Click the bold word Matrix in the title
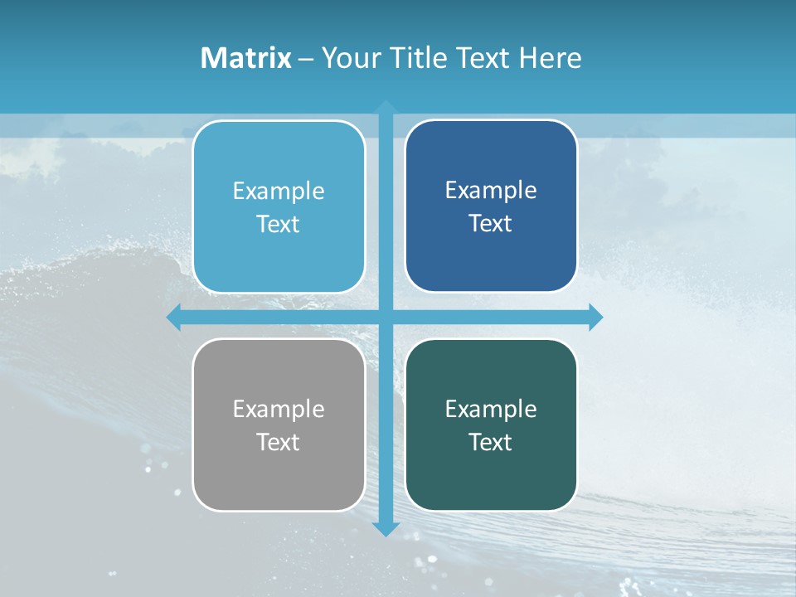click(x=245, y=58)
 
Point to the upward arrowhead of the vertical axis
click(x=386, y=107)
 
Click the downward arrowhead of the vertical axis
click(x=386, y=528)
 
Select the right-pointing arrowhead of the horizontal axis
click(x=595, y=317)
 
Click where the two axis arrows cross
click(x=386, y=317)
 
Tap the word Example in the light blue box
click(x=279, y=191)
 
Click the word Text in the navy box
click(x=491, y=223)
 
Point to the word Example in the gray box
click(x=279, y=409)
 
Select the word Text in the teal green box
click(x=491, y=442)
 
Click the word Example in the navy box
click(x=491, y=190)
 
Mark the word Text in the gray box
click(x=279, y=442)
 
